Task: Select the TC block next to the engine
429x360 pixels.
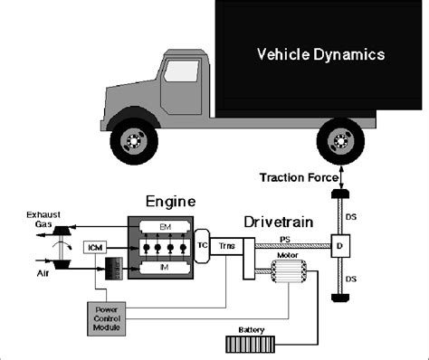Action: coord(204,245)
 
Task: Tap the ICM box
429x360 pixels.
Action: coord(93,247)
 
